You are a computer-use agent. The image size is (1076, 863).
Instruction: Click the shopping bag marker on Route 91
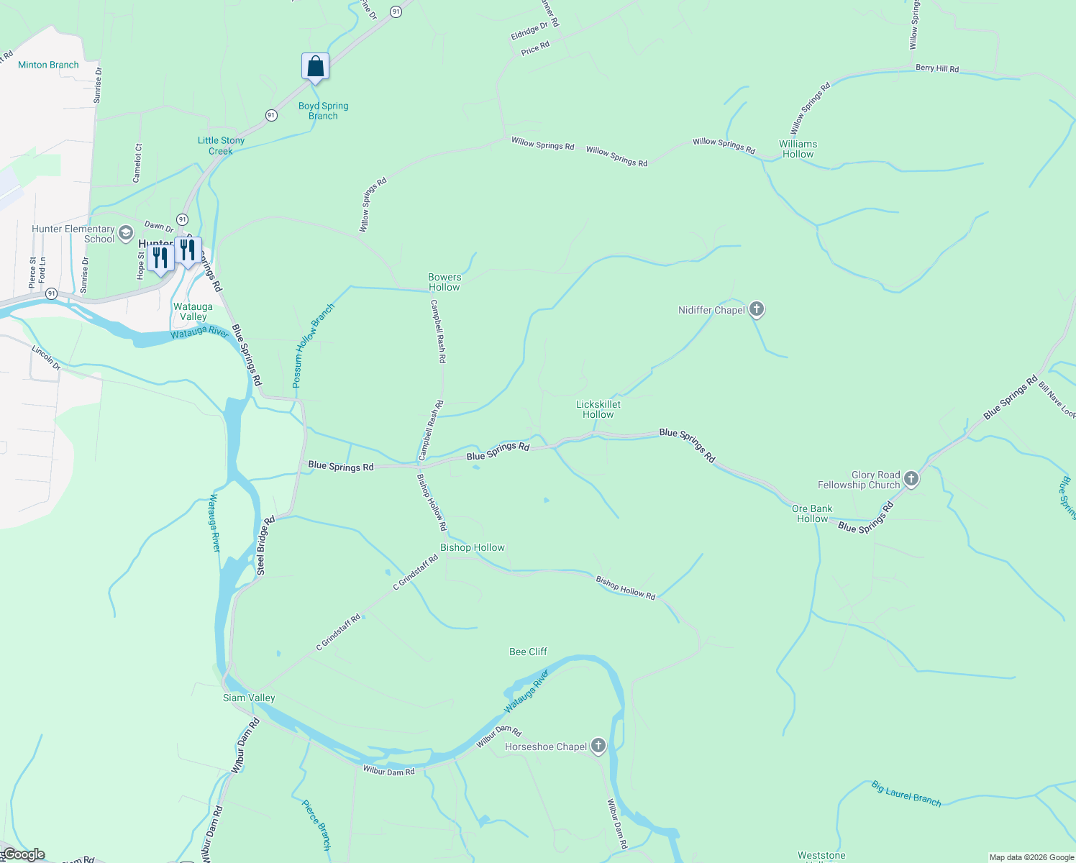pos(315,66)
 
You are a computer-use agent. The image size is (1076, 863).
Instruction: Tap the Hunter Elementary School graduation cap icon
pos(127,232)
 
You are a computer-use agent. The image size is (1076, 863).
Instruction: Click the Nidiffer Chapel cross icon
pos(756,310)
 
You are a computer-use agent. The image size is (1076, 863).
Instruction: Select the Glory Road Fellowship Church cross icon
pos(911,479)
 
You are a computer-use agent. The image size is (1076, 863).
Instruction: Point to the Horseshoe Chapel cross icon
pos(598,746)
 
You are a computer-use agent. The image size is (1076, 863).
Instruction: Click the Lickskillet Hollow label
pos(598,409)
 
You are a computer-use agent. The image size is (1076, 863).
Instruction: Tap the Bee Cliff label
pos(528,652)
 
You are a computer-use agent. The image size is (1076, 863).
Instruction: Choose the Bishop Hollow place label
pos(473,547)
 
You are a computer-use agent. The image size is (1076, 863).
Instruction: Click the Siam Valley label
pos(249,698)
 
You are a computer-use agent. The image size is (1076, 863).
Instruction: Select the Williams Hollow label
pos(798,149)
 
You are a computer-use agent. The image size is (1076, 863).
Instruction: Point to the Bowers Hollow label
pos(444,282)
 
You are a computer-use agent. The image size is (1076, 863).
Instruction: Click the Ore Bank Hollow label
pos(812,513)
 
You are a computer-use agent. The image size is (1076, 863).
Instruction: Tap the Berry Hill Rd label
pos(936,68)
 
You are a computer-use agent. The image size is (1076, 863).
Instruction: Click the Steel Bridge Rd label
pos(265,546)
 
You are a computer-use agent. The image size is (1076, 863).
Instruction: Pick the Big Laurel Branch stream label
pos(906,793)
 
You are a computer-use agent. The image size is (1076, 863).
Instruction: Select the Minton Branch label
pos(48,65)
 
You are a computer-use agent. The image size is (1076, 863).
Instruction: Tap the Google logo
pos(23,854)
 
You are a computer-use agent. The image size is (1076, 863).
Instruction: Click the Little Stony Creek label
pos(221,145)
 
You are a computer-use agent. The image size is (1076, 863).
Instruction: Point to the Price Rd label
pos(535,48)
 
